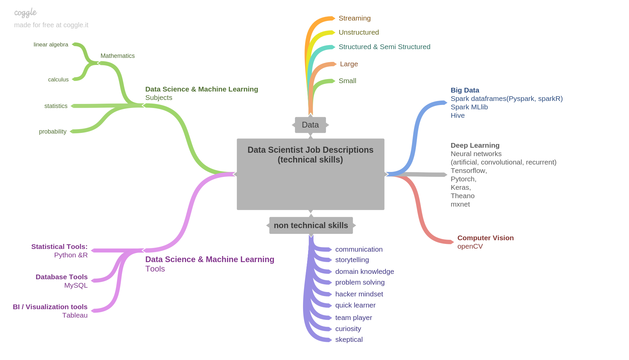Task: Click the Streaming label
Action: coord(355,18)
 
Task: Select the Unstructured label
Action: coord(359,32)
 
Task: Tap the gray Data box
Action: coord(310,125)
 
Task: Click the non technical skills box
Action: coord(311,225)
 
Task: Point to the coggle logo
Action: coord(26,13)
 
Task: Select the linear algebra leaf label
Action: coord(51,44)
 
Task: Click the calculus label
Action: coord(58,79)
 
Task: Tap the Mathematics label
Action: coord(117,56)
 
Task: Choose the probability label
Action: coord(52,132)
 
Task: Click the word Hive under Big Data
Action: coord(457,115)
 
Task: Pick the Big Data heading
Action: coord(465,90)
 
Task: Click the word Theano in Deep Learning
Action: coord(462,196)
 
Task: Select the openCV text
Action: coord(470,246)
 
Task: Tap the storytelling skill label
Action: coord(352,260)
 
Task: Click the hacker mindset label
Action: coord(359,294)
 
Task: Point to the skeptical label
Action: coord(349,339)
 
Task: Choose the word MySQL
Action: coord(76,285)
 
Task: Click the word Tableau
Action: coord(75,315)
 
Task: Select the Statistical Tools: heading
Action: coord(59,247)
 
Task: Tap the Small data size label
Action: coord(347,81)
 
